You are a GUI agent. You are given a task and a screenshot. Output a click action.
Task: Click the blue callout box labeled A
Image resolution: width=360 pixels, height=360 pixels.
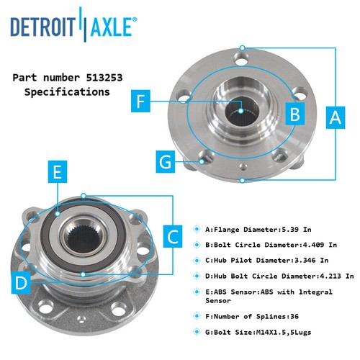pos(336,117)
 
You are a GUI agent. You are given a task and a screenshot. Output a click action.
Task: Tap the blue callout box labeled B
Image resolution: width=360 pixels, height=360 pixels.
pos(295,114)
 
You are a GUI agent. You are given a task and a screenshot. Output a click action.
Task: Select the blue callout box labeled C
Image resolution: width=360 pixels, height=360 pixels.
pos(173,236)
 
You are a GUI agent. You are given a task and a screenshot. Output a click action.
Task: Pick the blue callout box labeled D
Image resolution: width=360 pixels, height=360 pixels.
pos(21,283)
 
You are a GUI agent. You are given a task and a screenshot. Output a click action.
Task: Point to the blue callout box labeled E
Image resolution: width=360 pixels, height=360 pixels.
pos(58,172)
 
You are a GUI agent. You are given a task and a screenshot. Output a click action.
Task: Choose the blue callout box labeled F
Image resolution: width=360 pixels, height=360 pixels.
pos(140,101)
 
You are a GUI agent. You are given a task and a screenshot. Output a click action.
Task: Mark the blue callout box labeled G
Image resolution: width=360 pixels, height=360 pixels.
pos(166,161)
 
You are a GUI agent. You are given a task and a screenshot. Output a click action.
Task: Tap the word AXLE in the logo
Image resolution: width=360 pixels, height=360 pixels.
pos(111,26)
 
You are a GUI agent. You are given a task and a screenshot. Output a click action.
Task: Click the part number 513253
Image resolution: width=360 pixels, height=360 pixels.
pos(104,78)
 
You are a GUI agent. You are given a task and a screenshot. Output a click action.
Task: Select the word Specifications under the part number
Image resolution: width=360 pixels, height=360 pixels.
pos(67,92)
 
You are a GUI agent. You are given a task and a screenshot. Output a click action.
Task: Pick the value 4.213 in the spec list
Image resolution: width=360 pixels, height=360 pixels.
pos(330,276)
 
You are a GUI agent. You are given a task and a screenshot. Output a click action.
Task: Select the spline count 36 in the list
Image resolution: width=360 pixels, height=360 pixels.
pos(294,316)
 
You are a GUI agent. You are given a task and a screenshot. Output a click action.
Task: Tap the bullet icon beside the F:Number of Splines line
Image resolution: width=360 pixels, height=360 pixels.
pos(197,316)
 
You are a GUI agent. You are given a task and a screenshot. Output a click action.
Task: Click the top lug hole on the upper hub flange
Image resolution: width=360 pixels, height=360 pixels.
pos(241,58)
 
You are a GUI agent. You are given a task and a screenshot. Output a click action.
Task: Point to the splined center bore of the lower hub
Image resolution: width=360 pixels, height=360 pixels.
pos(84,238)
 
